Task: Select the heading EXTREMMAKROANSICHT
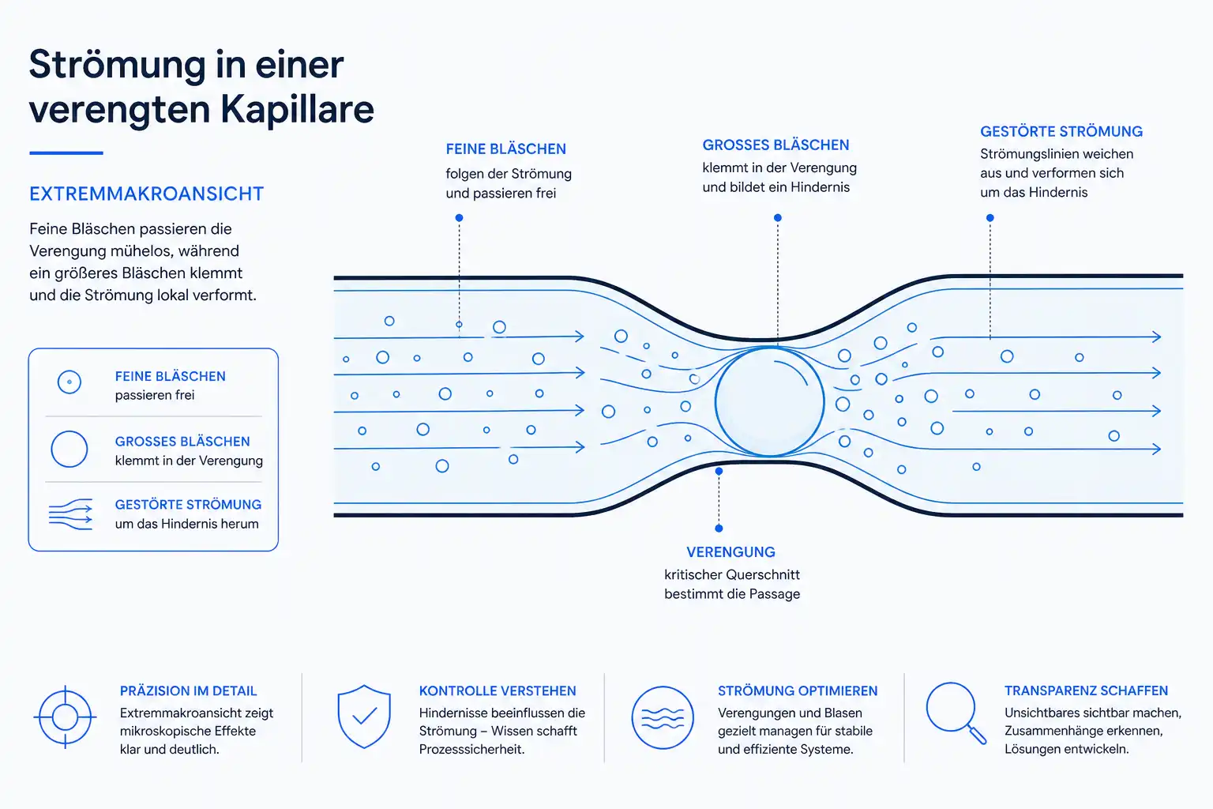(x=146, y=194)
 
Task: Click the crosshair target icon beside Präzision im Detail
(x=65, y=717)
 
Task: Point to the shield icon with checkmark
(x=364, y=717)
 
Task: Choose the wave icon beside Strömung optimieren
(x=663, y=717)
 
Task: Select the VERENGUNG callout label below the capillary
(x=730, y=552)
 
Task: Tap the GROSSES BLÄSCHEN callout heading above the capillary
(x=775, y=145)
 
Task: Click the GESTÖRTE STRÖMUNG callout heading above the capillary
(x=1061, y=132)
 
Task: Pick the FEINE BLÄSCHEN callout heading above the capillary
(x=505, y=149)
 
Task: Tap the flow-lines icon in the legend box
(x=70, y=514)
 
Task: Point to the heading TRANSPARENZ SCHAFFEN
(x=1086, y=690)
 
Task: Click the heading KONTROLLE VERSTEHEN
(x=497, y=690)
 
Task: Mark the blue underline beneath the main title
(x=66, y=153)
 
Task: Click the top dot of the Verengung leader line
(x=719, y=472)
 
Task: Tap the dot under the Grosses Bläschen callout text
(x=778, y=218)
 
